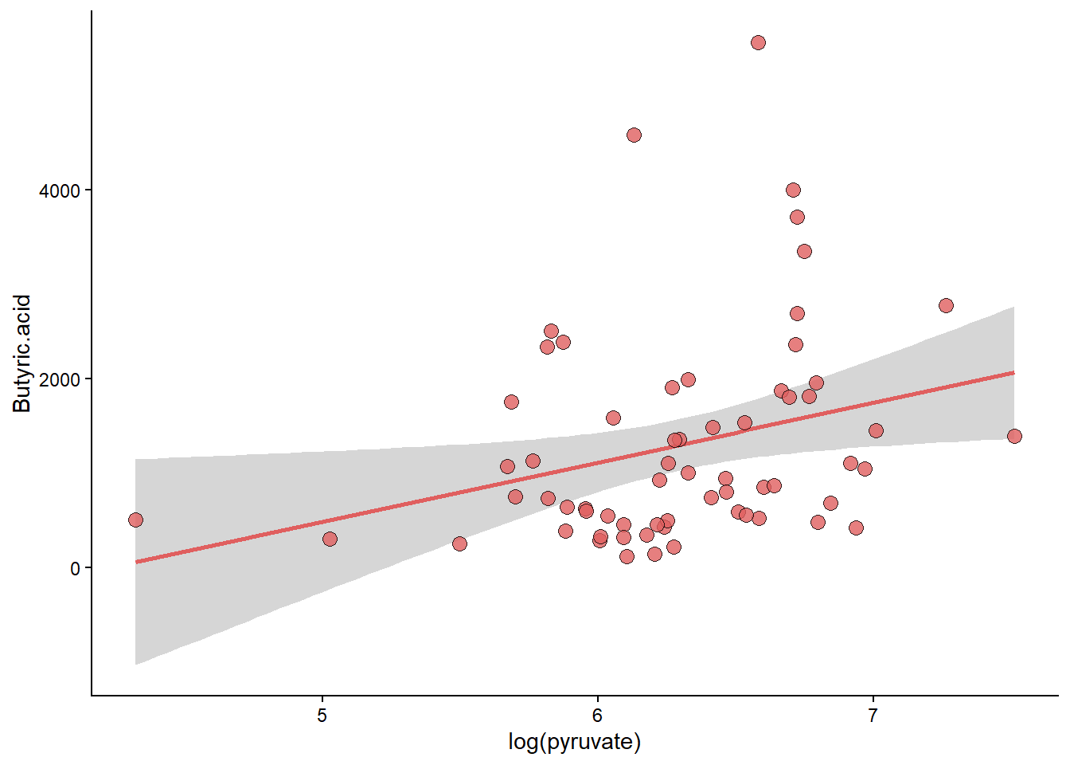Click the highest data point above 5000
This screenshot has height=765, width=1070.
click(758, 42)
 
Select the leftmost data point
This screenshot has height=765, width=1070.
click(135, 520)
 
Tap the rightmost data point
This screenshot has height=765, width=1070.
click(1014, 436)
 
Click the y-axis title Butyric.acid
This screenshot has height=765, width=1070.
click(22, 353)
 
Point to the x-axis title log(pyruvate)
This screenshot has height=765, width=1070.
click(574, 742)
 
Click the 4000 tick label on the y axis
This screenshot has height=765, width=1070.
click(60, 190)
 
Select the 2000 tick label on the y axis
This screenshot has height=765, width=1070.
click(60, 379)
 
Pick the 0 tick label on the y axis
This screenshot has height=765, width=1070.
click(76, 568)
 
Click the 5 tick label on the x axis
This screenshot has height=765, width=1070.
click(322, 716)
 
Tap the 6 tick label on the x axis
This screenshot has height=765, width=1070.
click(597, 716)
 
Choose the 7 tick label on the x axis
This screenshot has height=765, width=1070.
click(873, 716)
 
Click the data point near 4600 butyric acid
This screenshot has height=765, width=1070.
click(634, 135)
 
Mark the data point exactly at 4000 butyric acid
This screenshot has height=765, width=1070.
click(793, 190)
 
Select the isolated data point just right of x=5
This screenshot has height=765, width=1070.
click(330, 539)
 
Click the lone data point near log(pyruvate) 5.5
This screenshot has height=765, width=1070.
click(459, 543)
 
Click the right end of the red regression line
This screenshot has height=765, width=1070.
click(1013, 372)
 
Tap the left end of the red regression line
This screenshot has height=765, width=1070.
click(137, 562)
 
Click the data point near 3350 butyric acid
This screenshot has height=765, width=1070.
click(804, 251)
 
